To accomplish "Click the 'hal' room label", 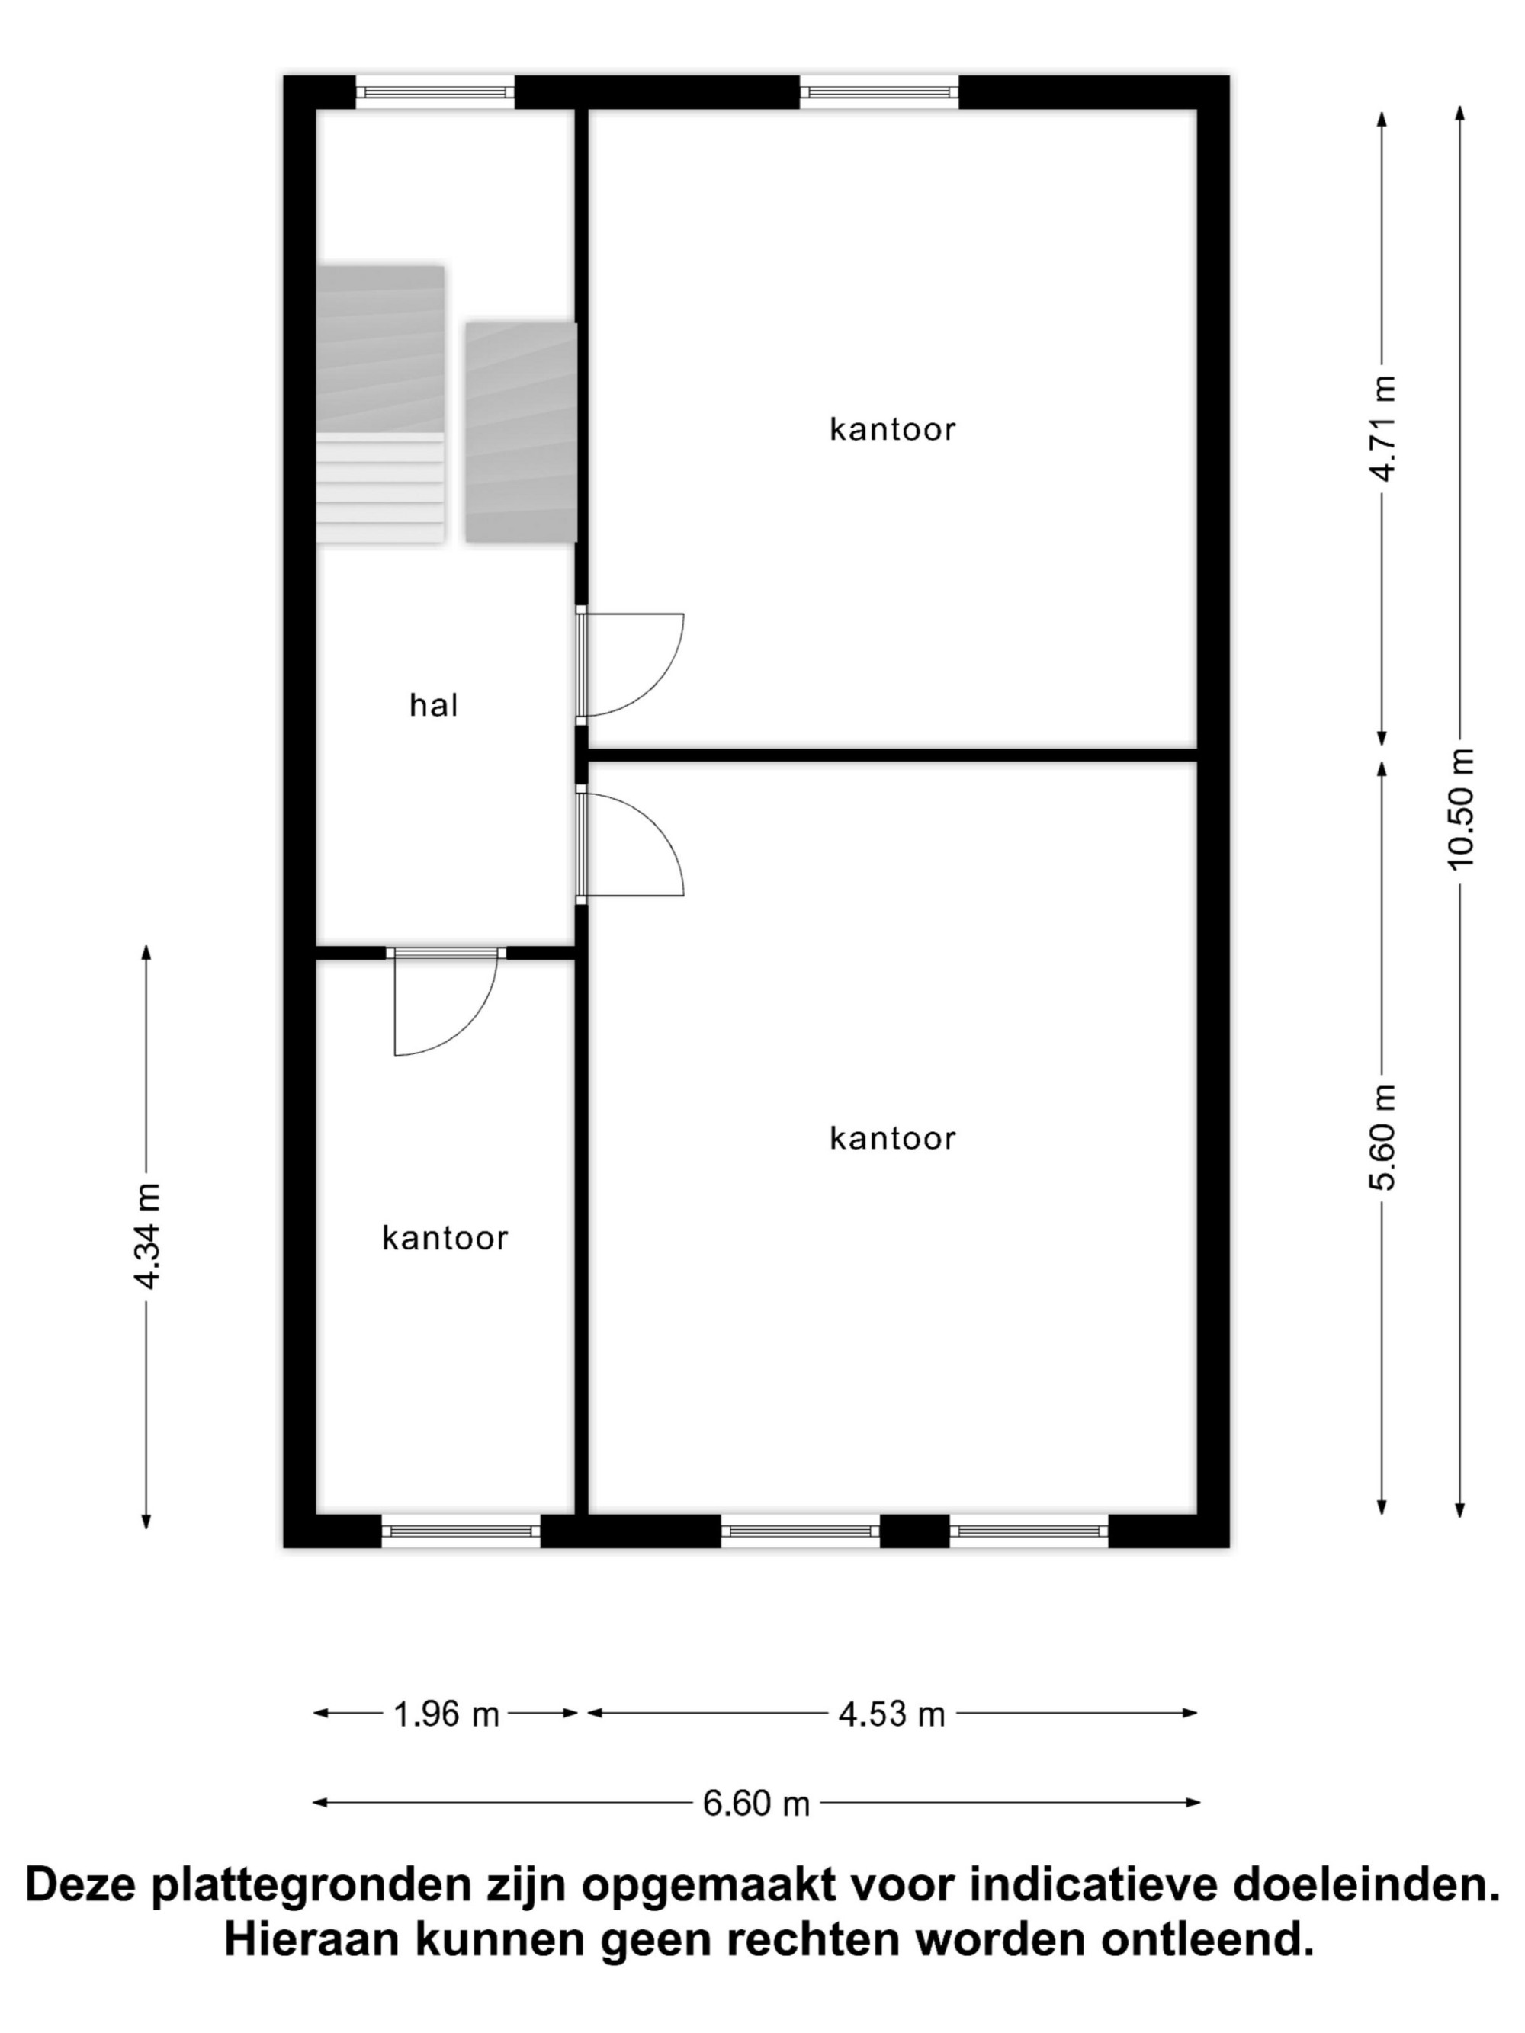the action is pyautogui.click(x=433, y=705).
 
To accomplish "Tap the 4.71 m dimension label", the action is pyautogui.click(x=1382, y=428).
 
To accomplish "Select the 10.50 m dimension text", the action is pyautogui.click(x=1459, y=808).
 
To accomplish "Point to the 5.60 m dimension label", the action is pyautogui.click(x=1382, y=1137).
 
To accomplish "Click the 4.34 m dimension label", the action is pyautogui.click(x=147, y=1236).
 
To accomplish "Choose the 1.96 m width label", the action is pyautogui.click(x=446, y=1714).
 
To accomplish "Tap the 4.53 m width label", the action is pyautogui.click(x=891, y=1714).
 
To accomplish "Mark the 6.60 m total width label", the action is pyautogui.click(x=756, y=1804).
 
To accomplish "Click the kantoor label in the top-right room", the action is pyautogui.click(x=893, y=429).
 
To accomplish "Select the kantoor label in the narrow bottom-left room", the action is pyautogui.click(x=445, y=1238).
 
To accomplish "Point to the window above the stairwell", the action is pyautogui.click(x=435, y=92).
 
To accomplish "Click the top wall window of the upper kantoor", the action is pyautogui.click(x=879, y=92).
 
